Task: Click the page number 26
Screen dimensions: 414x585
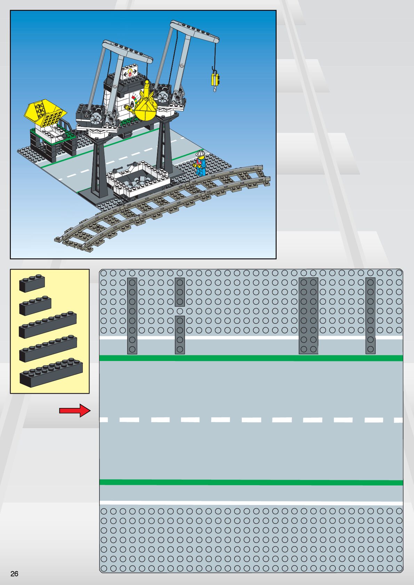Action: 14,574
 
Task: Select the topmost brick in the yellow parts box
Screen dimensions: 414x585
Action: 32,283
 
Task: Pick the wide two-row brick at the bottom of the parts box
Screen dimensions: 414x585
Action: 51,373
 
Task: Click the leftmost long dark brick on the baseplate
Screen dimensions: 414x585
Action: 132,316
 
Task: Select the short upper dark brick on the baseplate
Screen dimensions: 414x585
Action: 180,292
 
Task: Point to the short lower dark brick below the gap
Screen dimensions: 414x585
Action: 180,335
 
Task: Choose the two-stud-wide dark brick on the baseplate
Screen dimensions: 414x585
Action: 309,316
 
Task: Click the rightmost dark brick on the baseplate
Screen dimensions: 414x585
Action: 371,316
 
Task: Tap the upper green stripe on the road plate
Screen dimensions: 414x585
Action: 250,358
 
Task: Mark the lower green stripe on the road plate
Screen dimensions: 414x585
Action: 250,482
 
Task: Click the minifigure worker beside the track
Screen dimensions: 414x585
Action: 200,163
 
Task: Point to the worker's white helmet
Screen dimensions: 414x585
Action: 200,154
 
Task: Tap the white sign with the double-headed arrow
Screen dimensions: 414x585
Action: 130,73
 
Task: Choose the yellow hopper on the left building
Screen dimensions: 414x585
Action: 45,112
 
